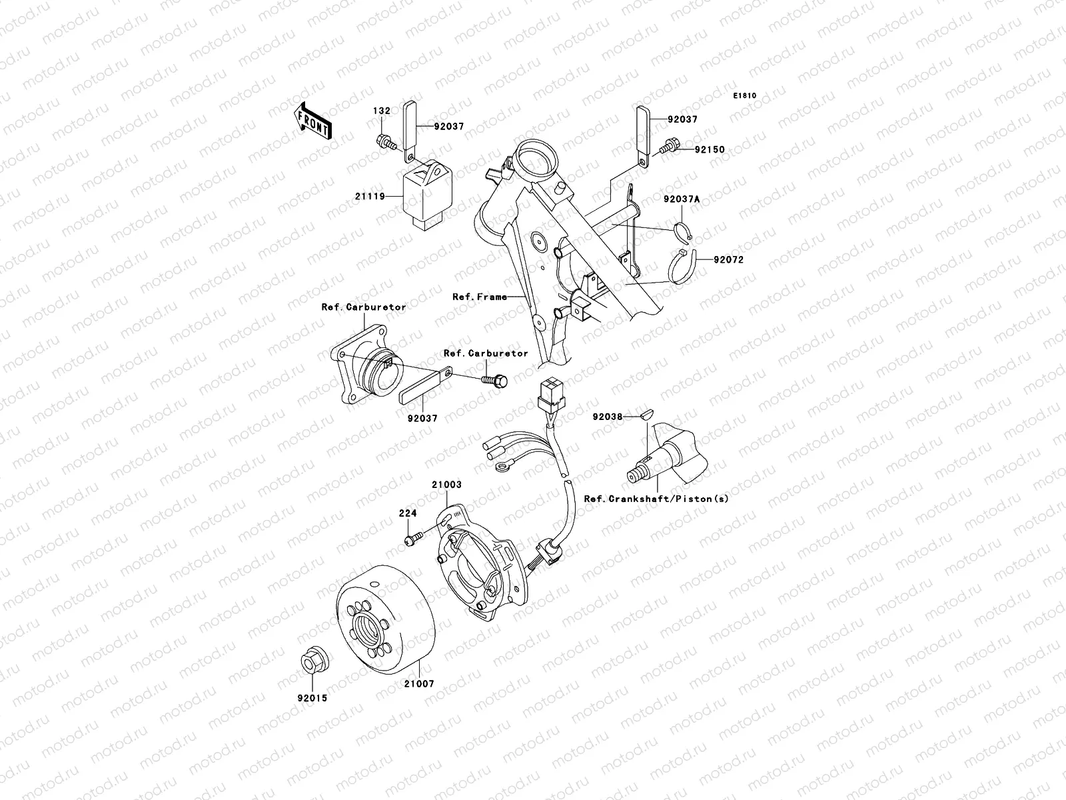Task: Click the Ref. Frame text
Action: [480, 297]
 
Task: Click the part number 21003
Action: [446, 485]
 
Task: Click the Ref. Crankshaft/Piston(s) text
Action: [656, 499]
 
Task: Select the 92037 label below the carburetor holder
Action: [423, 419]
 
